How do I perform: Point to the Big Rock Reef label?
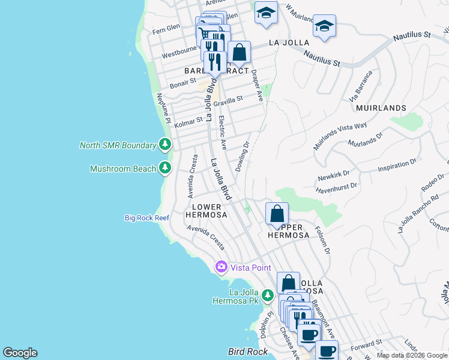click(147, 218)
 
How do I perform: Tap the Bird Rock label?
click(246, 351)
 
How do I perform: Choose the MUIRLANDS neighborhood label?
click(381, 108)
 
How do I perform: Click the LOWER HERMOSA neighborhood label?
click(206, 211)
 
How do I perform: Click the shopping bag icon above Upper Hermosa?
click(277, 214)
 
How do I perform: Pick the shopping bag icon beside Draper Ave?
click(239, 52)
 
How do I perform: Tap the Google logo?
click(20, 353)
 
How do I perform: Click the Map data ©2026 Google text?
click(412, 355)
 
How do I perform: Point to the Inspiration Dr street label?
click(397, 165)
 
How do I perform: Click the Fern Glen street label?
click(166, 28)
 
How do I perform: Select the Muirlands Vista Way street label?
click(340, 136)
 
